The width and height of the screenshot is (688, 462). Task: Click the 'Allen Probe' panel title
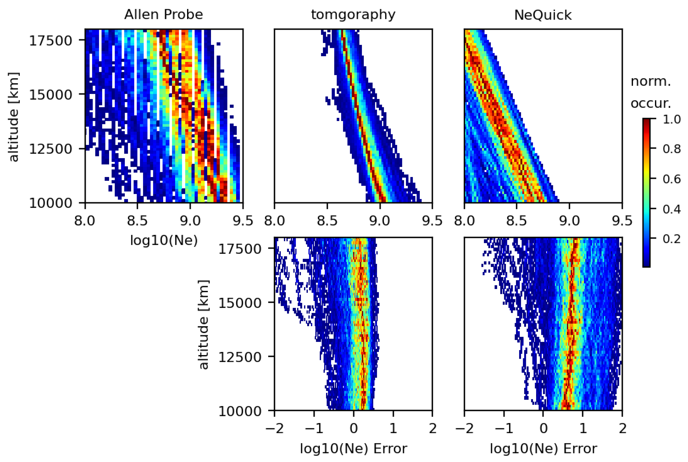163,15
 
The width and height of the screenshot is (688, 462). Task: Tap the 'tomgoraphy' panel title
353,15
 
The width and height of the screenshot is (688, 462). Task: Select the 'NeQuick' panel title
543,15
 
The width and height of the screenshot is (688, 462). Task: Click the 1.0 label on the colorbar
671,119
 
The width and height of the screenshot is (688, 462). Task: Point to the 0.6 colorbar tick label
671,179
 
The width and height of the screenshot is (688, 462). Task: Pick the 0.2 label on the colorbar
671,239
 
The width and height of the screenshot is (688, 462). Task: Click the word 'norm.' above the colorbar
650,82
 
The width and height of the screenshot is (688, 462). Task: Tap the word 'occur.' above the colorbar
650,103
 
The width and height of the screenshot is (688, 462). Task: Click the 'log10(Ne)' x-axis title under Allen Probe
164,240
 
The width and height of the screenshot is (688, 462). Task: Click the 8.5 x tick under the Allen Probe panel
137,221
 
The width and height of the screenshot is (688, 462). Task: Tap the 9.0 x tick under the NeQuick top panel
569,221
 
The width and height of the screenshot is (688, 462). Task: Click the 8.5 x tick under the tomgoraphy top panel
327,221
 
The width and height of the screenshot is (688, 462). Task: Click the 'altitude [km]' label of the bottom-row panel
203,324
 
